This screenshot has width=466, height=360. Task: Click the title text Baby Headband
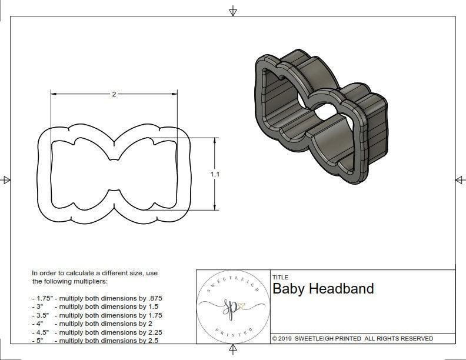click(x=323, y=289)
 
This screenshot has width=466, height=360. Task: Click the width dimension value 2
click(x=114, y=94)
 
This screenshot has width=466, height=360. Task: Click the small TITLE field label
click(x=280, y=278)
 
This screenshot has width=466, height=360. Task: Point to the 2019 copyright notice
click(x=352, y=338)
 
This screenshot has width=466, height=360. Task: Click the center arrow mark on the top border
click(x=233, y=11)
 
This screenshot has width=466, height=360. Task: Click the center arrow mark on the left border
click(x=6, y=179)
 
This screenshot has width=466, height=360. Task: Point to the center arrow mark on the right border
click(x=460, y=179)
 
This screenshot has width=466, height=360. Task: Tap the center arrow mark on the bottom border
click(x=233, y=350)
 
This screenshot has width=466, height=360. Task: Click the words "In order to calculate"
click(x=65, y=274)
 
